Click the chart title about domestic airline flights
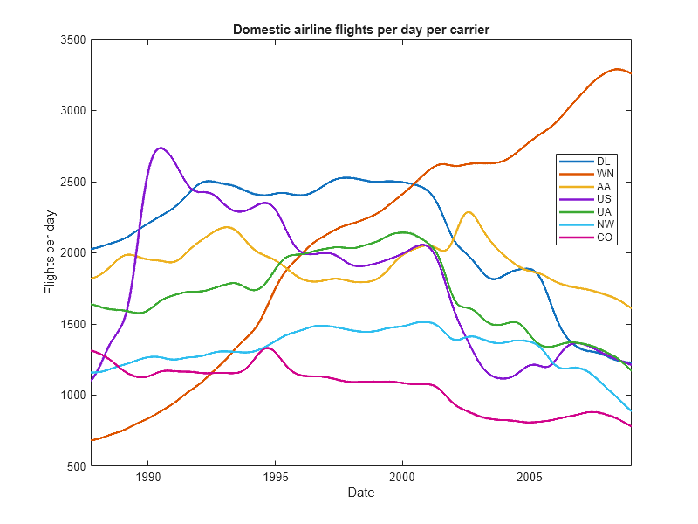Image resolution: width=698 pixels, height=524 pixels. (x=361, y=30)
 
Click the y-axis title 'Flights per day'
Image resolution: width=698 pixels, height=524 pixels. (x=51, y=252)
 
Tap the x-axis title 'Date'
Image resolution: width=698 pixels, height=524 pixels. (x=361, y=493)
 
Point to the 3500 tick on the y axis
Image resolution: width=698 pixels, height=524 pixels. (x=72, y=40)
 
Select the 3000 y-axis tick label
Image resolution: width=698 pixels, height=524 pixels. (x=72, y=111)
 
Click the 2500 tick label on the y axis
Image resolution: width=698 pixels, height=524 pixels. (x=72, y=183)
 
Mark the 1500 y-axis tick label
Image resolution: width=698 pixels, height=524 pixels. (x=72, y=324)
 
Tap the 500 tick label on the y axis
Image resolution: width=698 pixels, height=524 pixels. (x=75, y=466)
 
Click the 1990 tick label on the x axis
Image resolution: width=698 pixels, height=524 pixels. (x=147, y=478)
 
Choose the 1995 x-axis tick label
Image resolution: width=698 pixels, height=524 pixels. (x=275, y=478)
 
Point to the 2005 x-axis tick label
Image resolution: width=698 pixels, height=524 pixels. (x=529, y=478)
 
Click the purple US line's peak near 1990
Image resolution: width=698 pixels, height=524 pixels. (x=161, y=148)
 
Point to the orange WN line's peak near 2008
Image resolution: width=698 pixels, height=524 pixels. (x=617, y=68)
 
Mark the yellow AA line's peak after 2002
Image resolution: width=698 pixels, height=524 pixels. (x=469, y=212)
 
